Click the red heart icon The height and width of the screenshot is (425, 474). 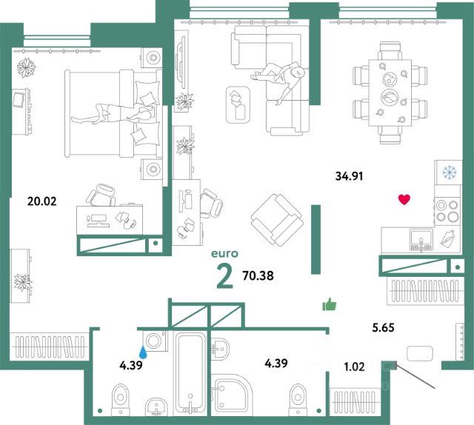click(404, 199)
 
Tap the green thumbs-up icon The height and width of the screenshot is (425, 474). click(330, 304)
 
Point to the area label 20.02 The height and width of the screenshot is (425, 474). click(41, 199)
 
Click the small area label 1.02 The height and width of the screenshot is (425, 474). click(354, 364)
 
